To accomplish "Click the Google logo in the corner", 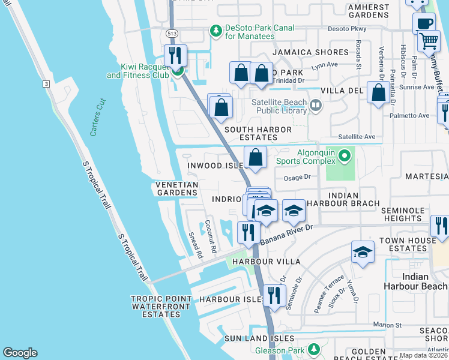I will (x=20, y=353).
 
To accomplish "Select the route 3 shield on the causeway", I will (x=46, y=84).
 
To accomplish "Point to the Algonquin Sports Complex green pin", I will (x=344, y=157).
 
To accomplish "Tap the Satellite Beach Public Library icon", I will (x=316, y=106).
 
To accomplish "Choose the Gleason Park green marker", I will (x=312, y=349).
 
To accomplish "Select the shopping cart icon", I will (x=429, y=41).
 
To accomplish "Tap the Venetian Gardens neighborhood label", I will (x=176, y=188).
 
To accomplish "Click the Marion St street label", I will (x=387, y=325).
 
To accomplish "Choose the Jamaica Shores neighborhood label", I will (x=310, y=53).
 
